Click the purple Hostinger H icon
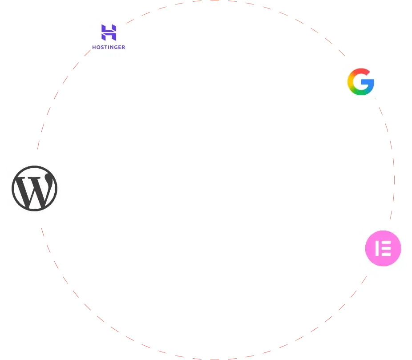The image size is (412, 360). click(109, 32)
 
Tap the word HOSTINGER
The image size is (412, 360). click(109, 47)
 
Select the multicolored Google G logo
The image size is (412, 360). click(361, 81)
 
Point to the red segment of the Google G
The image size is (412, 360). click(359, 72)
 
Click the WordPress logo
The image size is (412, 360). click(35, 188)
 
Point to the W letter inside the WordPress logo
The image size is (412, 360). click(35, 189)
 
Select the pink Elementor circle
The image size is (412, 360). click(383, 247)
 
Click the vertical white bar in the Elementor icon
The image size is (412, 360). click(376, 248)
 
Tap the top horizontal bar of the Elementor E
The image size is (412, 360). click(385, 242)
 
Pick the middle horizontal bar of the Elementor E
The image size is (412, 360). click(385, 248)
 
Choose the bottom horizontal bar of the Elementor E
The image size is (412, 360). click(385, 254)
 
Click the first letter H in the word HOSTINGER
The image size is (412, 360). click(94, 47)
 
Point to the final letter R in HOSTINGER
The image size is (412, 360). click(123, 47)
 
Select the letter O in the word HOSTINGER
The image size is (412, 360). click(97, 47)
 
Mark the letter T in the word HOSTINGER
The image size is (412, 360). click(105, 47)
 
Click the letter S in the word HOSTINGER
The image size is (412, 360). click(101, 47)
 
